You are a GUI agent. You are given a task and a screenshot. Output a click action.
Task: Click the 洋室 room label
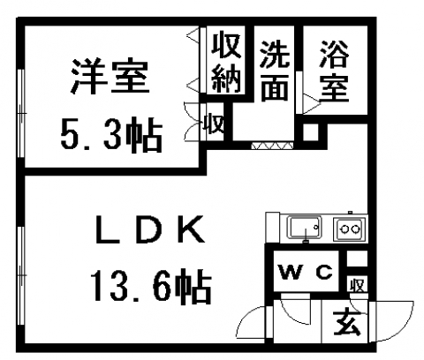coord(110,77)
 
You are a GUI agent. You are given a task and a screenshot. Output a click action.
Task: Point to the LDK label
coord(150,229)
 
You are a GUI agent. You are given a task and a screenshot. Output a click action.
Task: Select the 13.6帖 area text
coord(151,286)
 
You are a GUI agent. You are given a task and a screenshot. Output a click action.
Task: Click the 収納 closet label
coord(226,63)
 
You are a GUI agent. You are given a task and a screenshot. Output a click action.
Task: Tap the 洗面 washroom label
coord(275,71)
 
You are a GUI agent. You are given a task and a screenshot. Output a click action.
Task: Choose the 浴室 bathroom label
coord(335,71)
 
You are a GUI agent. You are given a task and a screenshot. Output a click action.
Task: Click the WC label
coord(306,273)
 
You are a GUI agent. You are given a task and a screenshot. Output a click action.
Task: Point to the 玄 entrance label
coord(347,323)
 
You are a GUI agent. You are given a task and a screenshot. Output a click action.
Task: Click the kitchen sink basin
coord(305,228)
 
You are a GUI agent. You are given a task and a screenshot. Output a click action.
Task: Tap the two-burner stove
coord(350,229)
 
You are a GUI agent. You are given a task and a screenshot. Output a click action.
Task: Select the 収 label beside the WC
coord(358,285)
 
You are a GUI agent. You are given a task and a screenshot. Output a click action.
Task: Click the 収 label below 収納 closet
coord(215,123)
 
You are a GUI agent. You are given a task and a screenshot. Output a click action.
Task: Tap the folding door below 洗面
coord(272,146)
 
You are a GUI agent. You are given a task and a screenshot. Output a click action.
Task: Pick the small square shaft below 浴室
coord(311,132)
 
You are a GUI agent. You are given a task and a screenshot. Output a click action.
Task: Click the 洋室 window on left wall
coord(20,114)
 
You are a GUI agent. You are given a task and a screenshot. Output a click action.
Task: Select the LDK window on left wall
coord(20,275)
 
